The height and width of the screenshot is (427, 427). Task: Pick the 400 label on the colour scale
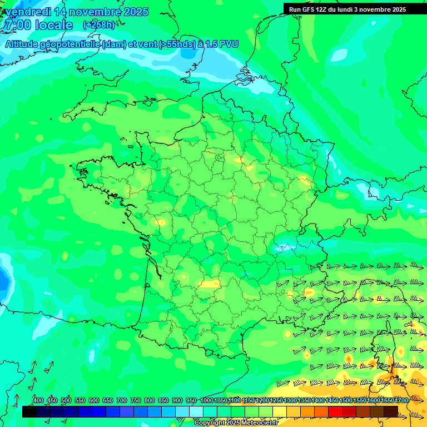38,401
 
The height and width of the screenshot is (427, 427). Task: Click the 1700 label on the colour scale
401,401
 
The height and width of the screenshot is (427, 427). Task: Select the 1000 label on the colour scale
207,401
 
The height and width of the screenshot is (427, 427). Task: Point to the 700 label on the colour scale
122,401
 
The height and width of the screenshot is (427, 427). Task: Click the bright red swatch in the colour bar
335,412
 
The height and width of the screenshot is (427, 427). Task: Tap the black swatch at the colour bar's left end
29,412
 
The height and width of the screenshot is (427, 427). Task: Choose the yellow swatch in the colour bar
280,412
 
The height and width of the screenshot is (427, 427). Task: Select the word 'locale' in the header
54,25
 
